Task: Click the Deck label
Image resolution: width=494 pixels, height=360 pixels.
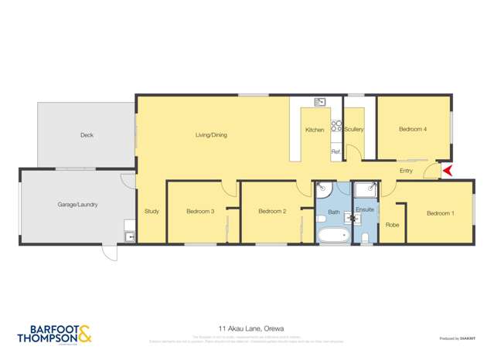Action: coord(87,135)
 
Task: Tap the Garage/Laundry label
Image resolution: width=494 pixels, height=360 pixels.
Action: coord(77,205)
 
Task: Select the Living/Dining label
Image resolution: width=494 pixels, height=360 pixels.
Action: coord(211,135)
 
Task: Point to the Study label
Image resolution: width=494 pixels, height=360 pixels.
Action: coord(152,212)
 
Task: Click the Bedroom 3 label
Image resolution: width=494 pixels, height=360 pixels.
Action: coord(200,212)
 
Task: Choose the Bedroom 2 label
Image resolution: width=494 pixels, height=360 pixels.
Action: coord(272,212)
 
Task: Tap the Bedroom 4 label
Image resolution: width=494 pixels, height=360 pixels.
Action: coord(413,129)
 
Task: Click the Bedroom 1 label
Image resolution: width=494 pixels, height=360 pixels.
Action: coord(440,213)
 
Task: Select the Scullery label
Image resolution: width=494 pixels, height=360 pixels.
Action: coord(354,129)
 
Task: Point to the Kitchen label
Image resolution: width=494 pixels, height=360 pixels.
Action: coord(315,130)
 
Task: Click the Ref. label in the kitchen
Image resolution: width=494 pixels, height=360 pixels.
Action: coord(336,152)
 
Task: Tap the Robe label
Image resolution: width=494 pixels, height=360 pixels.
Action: coord(392,225)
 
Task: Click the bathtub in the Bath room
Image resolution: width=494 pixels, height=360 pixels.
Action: coord(334,235)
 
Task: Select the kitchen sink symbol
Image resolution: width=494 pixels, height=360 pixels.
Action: coord(320,101)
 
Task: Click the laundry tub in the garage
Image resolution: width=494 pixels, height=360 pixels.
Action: coord(129,236)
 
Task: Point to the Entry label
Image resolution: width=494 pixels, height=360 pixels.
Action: coord(406,171)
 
